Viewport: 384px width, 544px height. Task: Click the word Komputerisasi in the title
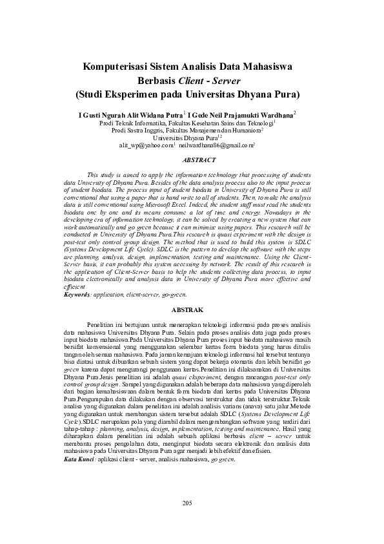116,67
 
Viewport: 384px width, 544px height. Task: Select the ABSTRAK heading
192,310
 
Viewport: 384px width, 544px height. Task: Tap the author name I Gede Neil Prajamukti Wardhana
241,114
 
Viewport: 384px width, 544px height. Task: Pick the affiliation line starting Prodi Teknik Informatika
186,121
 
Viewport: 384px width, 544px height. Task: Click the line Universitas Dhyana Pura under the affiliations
185,138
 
